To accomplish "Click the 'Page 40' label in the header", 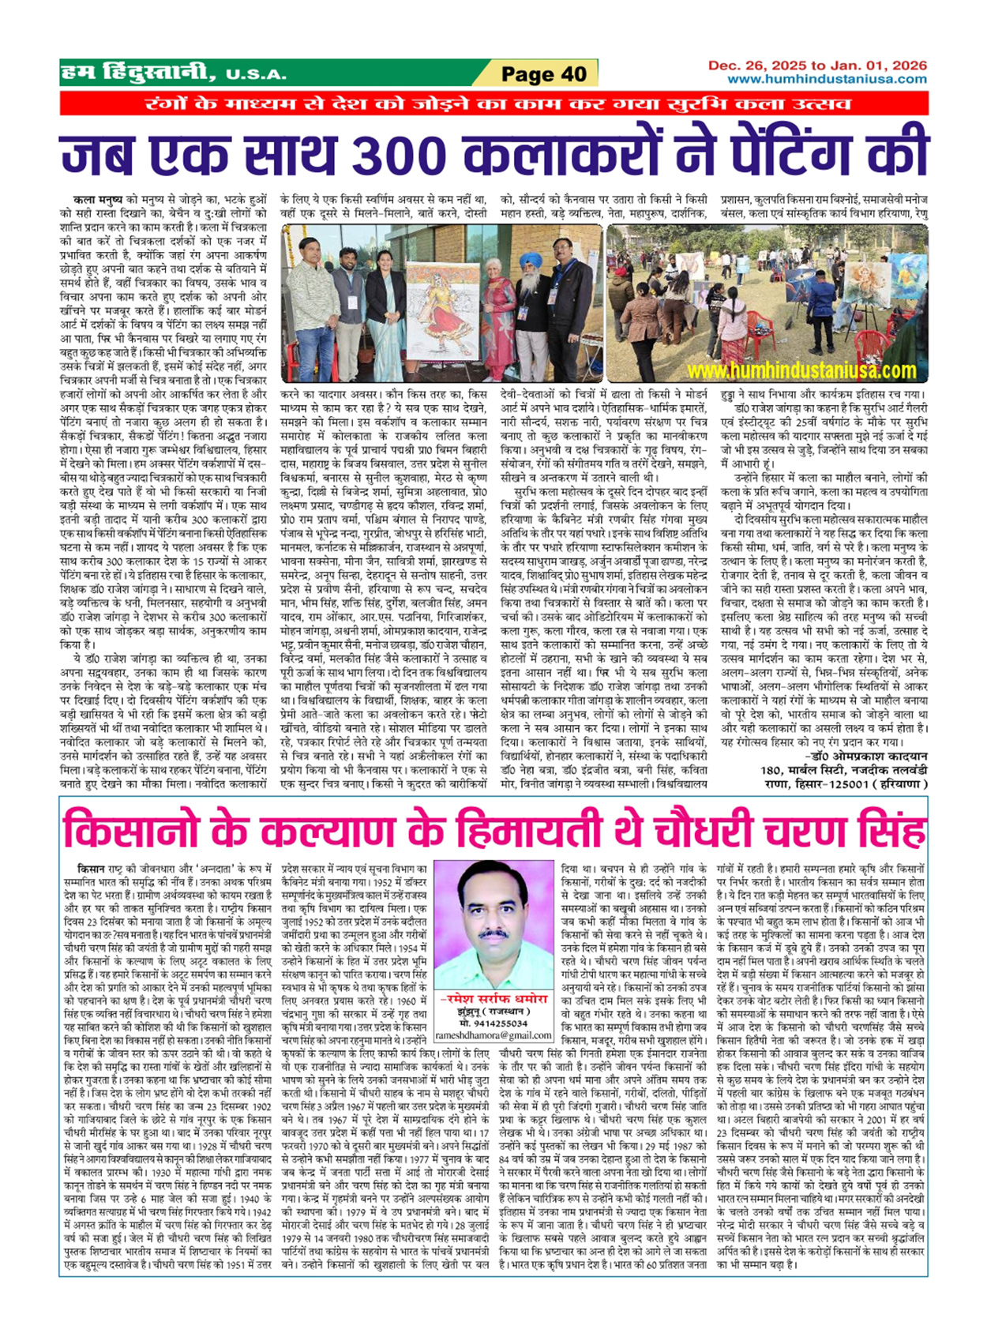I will pyautogui.click(x=544, y=74).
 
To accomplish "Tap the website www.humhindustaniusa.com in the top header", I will pyautogui.click(x=827, y=79).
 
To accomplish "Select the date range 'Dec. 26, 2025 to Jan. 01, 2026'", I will pyautogui.click(x=817, y=66).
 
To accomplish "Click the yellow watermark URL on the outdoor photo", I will pyautogui.click(x=801, y=370).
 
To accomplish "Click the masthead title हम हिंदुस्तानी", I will pyautogui.click(x=138, y=73).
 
